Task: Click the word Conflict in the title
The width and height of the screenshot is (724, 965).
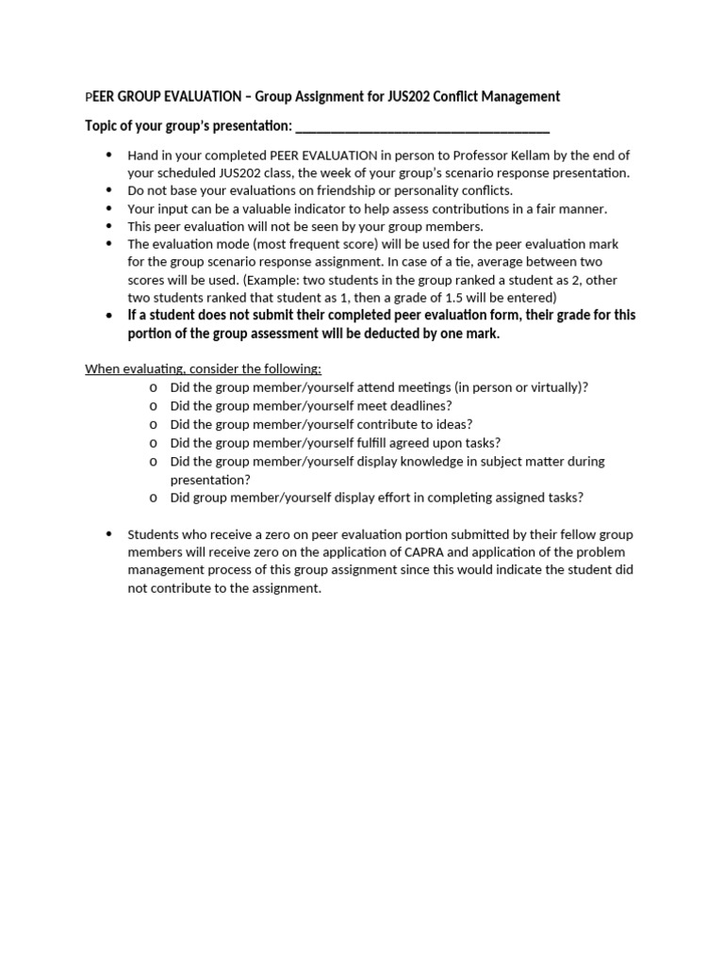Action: [x=452, y=96]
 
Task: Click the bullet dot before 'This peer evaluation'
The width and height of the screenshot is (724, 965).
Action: [x=109, y=226]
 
